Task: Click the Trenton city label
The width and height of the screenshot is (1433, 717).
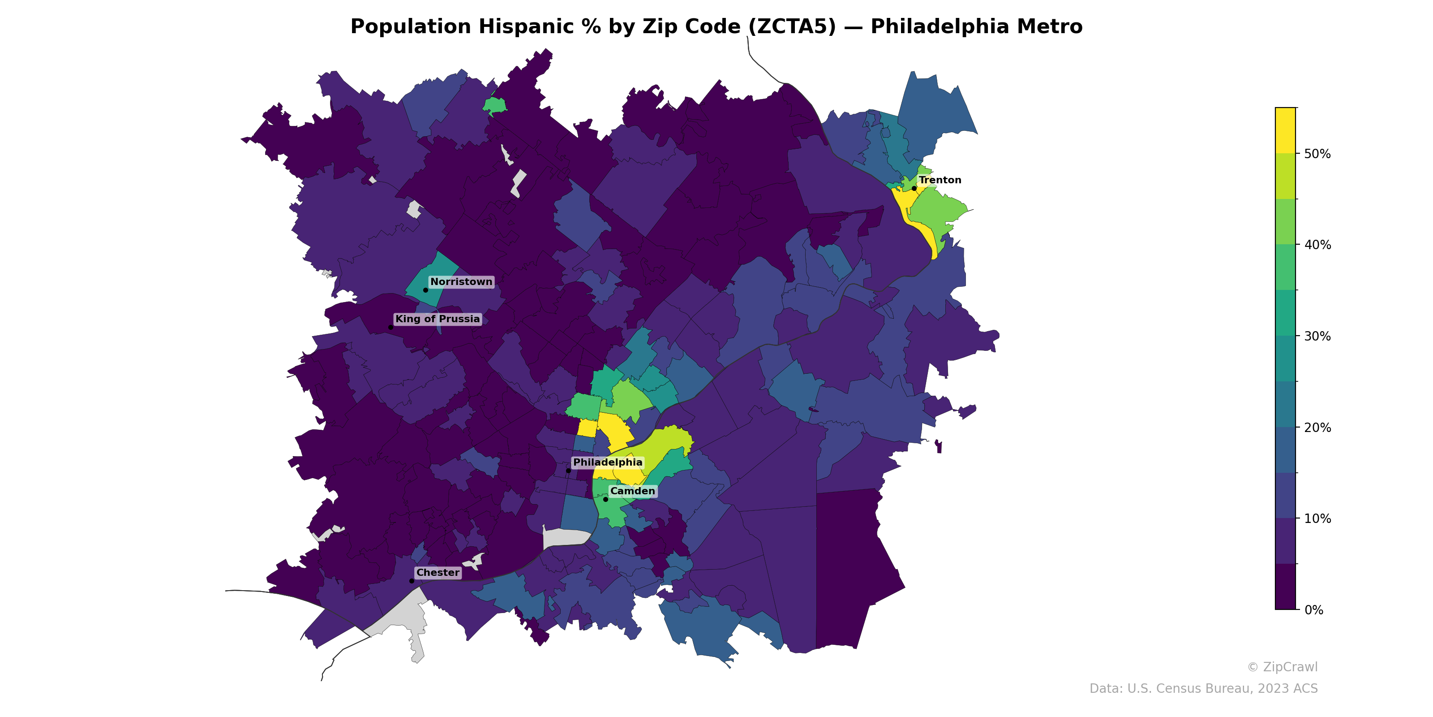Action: coord(940,180)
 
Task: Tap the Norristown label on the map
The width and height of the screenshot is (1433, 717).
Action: coord(461,282)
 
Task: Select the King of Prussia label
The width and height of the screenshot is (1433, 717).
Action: coord(437,319)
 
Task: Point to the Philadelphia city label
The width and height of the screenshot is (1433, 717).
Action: coord(608,462)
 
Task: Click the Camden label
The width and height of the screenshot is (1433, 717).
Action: coord(632,491)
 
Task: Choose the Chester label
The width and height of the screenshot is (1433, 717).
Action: coord(438,572)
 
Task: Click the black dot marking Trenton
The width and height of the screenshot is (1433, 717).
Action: coord(914,188)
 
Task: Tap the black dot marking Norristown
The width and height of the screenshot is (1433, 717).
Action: coord(425,290)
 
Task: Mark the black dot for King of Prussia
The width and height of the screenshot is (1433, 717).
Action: coord(390,327)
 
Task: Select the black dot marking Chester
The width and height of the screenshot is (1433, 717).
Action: coord(412,581)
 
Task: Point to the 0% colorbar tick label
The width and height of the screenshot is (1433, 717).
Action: coord(1313,610)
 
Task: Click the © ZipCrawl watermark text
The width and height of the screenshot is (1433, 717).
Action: coord(1282,667)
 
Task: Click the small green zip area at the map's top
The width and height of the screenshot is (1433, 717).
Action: coord(494,105)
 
